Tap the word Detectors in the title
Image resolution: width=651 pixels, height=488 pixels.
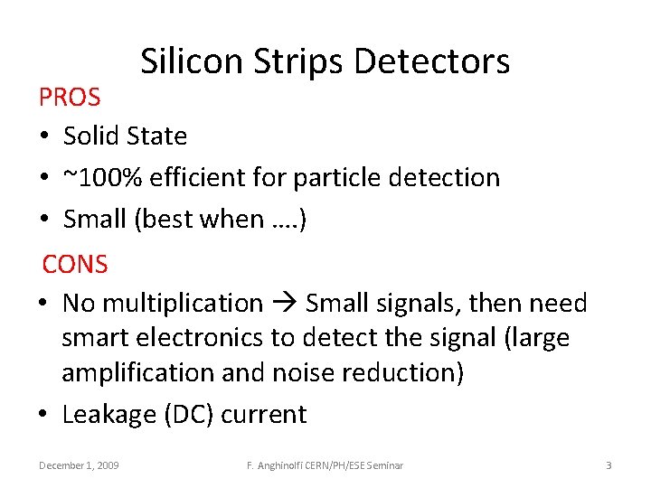(x=432, y=61)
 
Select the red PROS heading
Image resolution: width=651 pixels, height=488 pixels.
(x=70, y=96)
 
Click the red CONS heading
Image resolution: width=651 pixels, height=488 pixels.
(x=75, y=264)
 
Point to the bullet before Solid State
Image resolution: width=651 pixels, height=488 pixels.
(x=43, y=137)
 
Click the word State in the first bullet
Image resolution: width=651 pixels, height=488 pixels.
(x=156, y=136)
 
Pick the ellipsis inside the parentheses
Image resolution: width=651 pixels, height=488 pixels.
(x=279, y=220)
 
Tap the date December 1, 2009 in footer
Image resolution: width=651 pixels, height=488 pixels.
(x=79, y=465)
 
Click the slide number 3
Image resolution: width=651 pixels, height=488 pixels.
(x=609, y=465)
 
